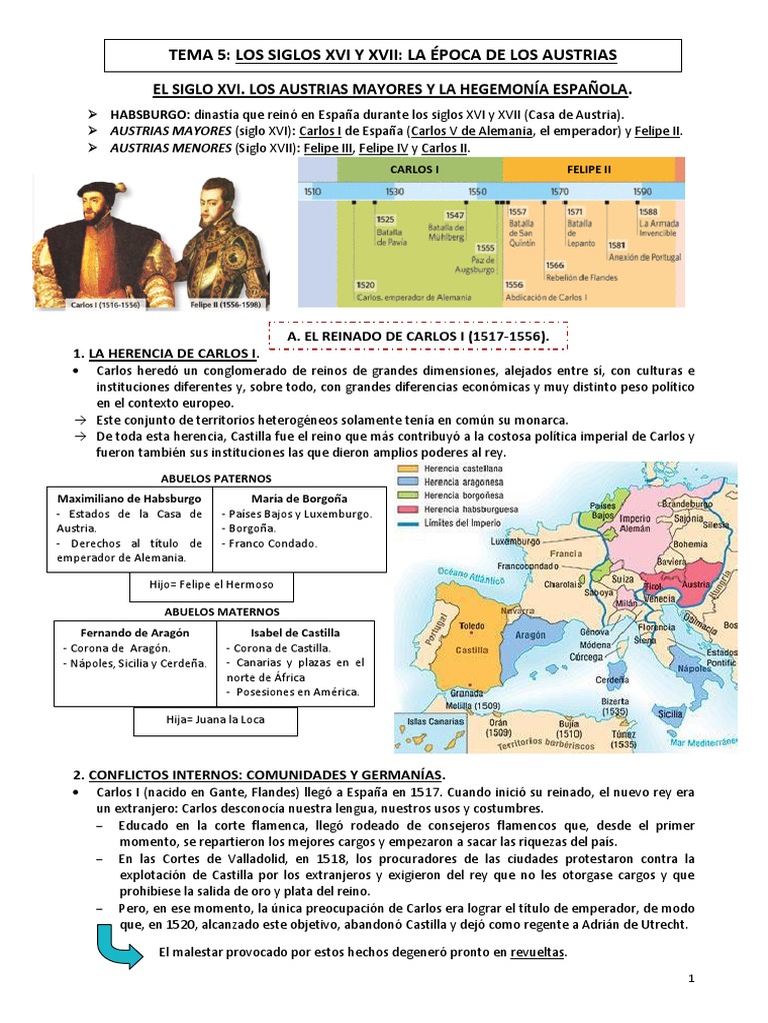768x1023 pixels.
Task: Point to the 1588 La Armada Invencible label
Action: click(x=657, y=218)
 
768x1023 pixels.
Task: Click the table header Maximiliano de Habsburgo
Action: click(x=129, y=498)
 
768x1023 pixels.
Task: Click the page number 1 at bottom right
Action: click(x=690, y=980)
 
